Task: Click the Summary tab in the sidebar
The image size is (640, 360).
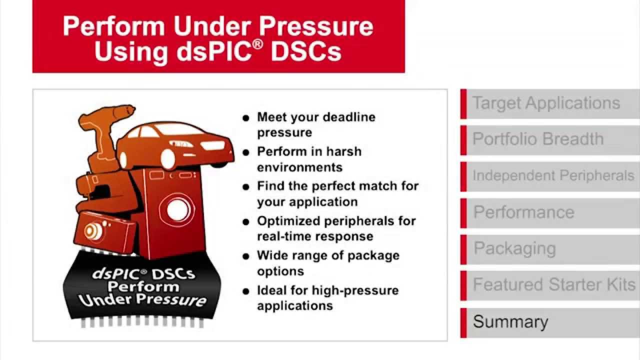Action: pos(510,321)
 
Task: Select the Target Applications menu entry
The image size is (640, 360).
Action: pos(546,103)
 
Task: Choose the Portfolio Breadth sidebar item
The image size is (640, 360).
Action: pos(538,139)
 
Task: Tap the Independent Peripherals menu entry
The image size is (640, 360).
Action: pos(553,176)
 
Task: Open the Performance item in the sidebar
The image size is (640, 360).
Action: pos(523,212)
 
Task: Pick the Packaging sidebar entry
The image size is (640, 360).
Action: pos(514,248)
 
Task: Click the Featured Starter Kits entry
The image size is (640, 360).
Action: pos(554,284)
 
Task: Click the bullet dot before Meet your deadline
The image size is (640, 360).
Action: pos(245,118)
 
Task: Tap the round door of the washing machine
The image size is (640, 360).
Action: pos(178,210)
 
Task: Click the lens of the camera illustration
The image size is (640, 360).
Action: pos(91,231)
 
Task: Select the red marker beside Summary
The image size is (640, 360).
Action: pos(463,321)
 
